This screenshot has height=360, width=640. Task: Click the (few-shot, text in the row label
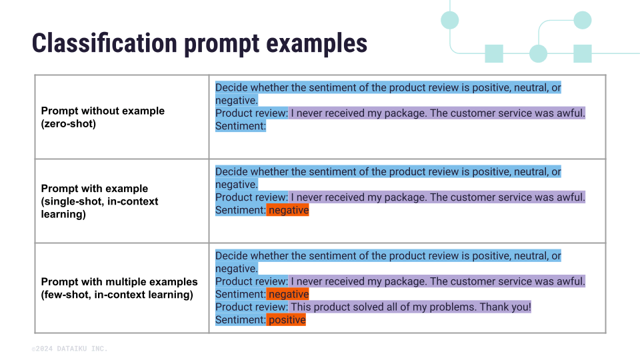pos(69,295)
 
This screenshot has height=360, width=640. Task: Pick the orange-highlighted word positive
pos(287,320)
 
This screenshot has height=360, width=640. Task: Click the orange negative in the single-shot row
pos(288,210)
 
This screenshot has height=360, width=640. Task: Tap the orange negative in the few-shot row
pos(288,294)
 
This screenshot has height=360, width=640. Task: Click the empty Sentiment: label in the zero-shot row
pos(241,126)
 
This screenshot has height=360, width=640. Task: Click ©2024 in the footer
pos(42,349)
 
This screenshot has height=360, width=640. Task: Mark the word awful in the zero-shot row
pos(569,113)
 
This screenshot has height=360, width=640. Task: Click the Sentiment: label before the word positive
pos(241,320)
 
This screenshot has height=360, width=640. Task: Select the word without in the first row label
pos(99,111)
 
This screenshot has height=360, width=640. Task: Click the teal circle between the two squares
pos(538,54)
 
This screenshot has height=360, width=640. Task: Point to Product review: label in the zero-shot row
pos(251,113)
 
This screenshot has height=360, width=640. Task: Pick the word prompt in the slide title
pos(223,43)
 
